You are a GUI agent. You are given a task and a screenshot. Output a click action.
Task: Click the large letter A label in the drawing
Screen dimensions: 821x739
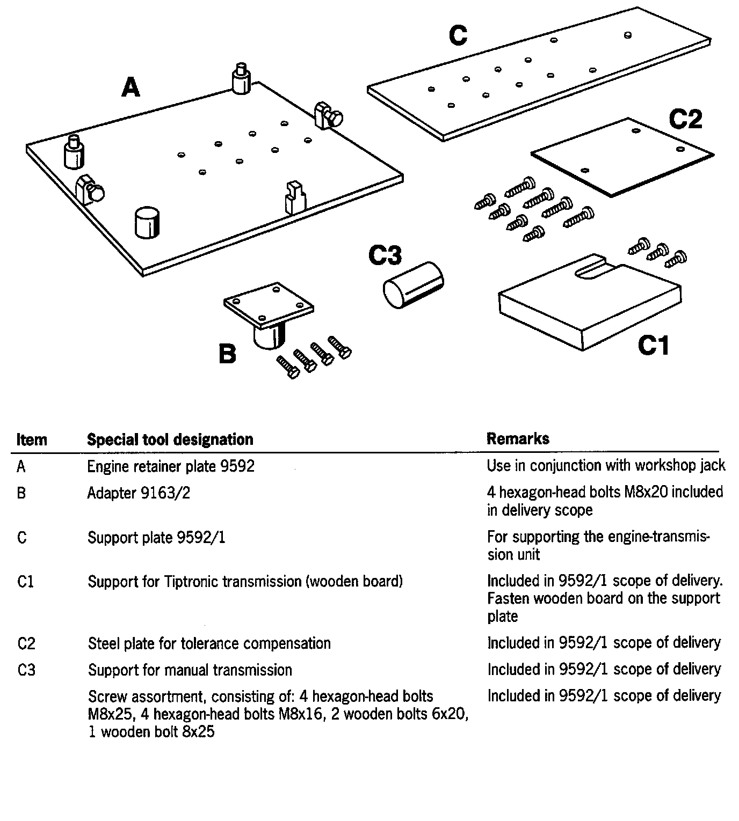131,87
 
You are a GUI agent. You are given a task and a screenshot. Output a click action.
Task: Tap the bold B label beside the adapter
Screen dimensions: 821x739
228,354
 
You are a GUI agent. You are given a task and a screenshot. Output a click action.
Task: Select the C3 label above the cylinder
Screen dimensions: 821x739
385,256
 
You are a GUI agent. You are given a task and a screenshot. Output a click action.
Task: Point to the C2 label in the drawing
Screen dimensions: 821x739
685,119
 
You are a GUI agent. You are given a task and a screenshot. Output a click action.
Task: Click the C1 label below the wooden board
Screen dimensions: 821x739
654,345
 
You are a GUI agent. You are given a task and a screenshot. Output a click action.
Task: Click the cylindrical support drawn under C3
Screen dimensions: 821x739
413,284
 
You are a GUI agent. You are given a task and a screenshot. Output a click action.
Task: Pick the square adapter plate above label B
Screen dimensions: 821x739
269,304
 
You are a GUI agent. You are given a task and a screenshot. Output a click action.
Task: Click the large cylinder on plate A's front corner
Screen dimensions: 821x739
147,222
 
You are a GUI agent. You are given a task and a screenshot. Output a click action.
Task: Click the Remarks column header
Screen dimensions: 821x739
518,439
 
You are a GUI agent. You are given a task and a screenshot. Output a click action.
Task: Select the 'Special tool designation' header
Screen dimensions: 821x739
170,439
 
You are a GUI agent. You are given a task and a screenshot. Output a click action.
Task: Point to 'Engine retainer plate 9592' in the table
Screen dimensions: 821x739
171,466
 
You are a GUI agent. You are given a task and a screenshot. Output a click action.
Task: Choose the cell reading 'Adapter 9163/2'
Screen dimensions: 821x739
139,493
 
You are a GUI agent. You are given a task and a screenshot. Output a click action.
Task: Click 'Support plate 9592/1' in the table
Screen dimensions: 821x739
156,537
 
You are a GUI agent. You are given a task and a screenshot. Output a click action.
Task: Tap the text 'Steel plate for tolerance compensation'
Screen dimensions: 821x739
209,643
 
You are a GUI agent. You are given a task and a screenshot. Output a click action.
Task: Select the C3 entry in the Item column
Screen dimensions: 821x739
26,670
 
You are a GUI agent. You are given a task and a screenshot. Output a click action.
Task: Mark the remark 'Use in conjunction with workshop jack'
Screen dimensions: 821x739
606,465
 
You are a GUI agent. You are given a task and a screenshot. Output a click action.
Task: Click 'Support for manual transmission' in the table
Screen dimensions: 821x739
190,670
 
